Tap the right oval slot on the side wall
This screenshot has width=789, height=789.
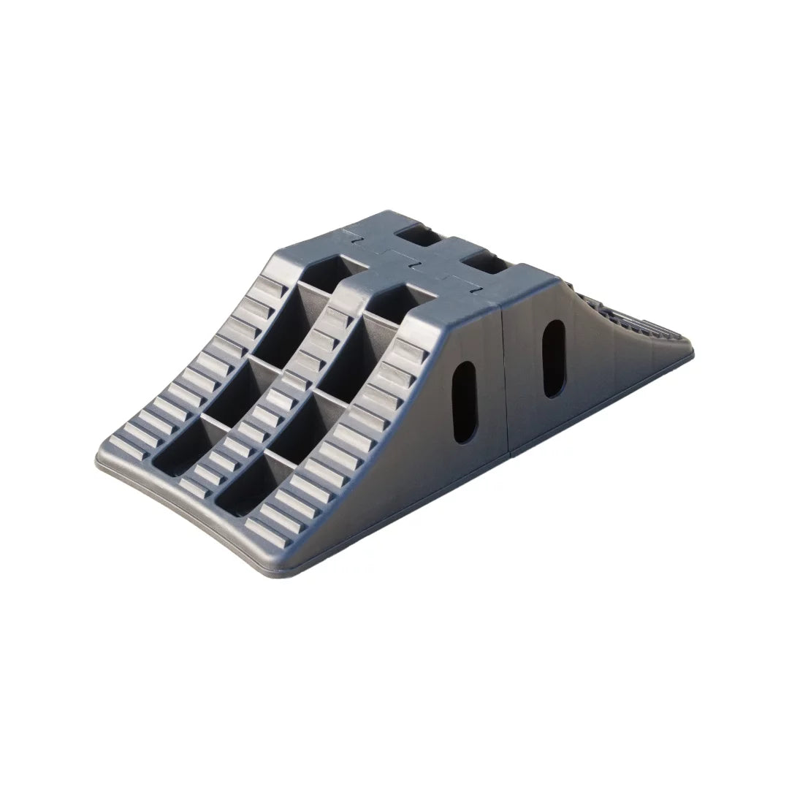pos(554,358)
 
